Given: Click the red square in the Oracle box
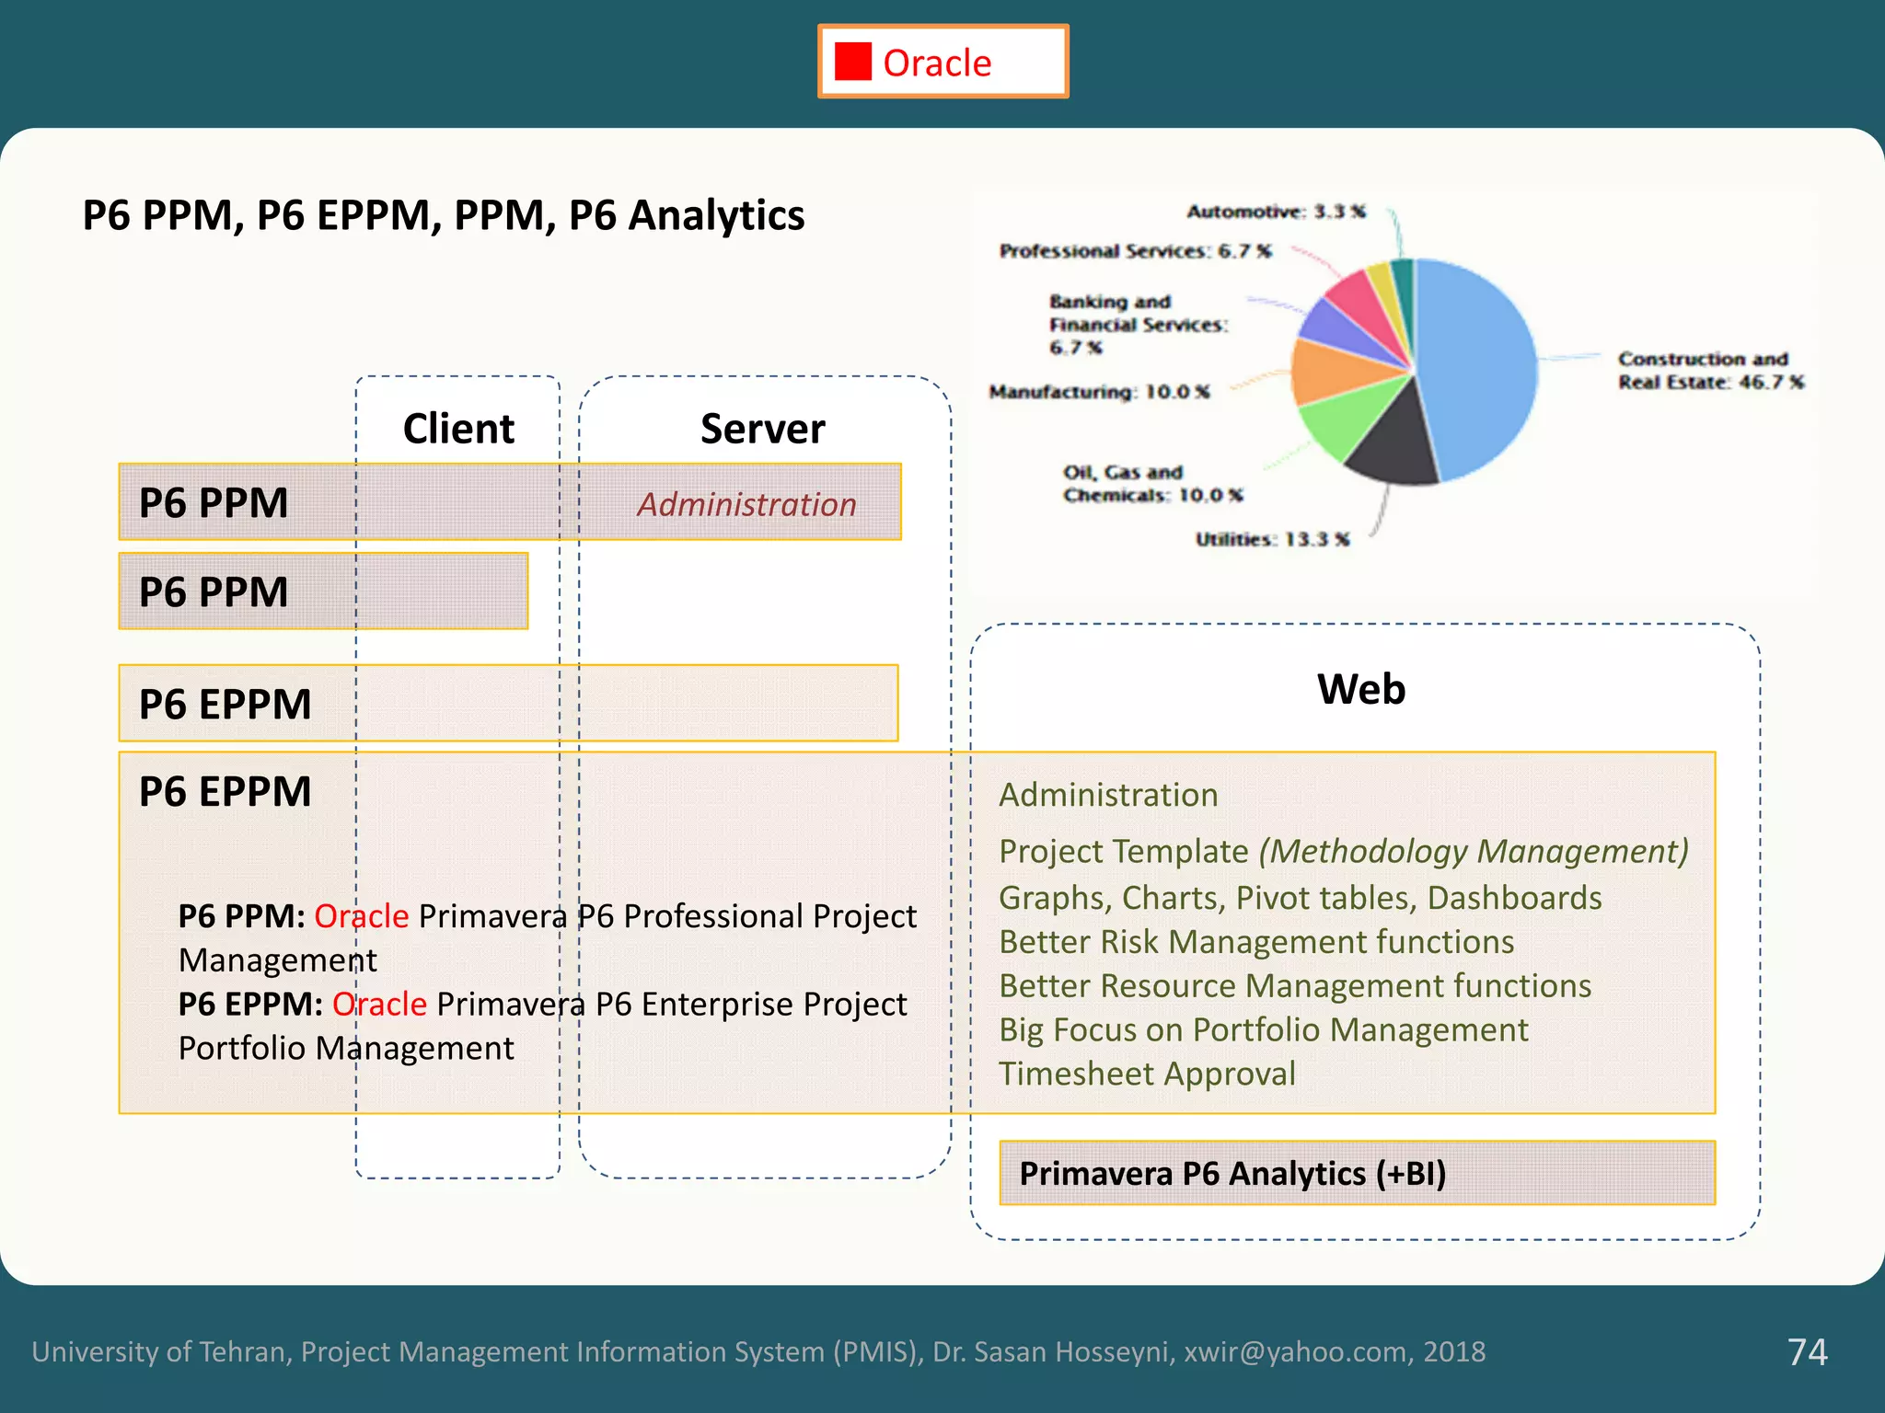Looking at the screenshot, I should coord(852,63).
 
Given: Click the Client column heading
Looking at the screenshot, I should coord(458,429).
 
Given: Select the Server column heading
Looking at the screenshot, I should coord(762,429).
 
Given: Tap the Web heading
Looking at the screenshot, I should coord(1361,689).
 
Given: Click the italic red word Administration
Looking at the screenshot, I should coord(746,504).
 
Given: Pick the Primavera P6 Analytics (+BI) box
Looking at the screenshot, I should coord(1357,1173).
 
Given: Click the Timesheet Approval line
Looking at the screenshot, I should coord(1147,1074).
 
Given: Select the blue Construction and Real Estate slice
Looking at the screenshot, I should coord(1473,368).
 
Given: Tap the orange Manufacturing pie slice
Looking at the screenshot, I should coord(1335,371).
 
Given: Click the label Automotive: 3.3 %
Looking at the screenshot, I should coord(1276,212).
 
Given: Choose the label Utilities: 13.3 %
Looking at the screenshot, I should coord(1272,539).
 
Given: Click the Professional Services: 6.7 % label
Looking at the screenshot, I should coord(1136,251).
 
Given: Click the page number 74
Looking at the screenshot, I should coord(1807,1351).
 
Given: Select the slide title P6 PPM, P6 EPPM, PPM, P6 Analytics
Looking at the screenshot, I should coord(444,215).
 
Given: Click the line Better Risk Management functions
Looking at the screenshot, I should coord(1256,942).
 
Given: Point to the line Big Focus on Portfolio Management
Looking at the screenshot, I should coord(1263,1030).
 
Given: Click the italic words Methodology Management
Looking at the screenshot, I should coord(1474,851).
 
